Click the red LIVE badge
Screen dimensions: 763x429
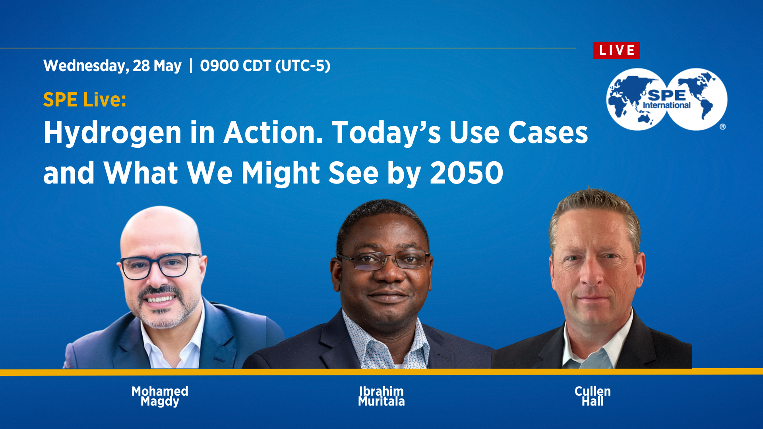click(616, 50)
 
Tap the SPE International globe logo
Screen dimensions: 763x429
click(666, 99)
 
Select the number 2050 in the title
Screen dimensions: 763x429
click(467, 173)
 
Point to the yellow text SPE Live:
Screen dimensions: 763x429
click(85, 99)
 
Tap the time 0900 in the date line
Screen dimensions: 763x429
click(219, 66)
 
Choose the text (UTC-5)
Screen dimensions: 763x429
click(303, 66)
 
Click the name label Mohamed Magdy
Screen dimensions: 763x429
click(160, 396)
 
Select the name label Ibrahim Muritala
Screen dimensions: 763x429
click(381, 396)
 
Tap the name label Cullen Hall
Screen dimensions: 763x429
click(593, 396)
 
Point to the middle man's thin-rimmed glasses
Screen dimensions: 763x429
click(384, 260)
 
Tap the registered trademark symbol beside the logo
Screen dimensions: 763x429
click(722, 127)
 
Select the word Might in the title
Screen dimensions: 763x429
click(281, 174)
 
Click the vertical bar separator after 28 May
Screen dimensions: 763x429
click(191, 66)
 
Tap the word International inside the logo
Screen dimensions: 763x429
click(666, 105)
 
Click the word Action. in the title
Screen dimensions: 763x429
click(273, 133)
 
